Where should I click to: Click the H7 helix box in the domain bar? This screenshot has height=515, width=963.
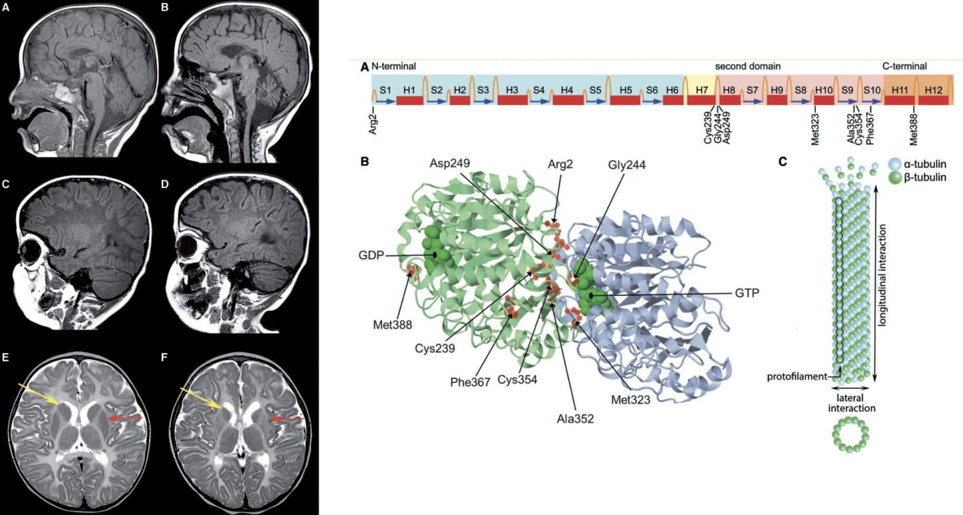click(701, 89)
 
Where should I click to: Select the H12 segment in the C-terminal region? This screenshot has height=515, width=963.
click(933, 89)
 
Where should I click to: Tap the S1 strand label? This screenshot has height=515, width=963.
click(385, 89)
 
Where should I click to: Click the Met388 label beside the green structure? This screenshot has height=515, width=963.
click(392, 326)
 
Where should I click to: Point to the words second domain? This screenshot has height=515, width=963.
click(748, 67)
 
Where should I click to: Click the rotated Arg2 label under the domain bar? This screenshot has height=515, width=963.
click(373, 122)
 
